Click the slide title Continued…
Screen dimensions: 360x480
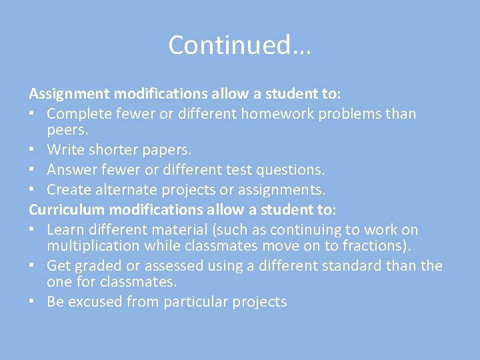click(x=240, y=45)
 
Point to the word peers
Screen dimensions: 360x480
click(x=67, y=130)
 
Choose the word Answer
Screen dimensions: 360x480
click(x=73, y=171)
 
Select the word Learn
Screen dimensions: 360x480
click(x=65, y=230)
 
